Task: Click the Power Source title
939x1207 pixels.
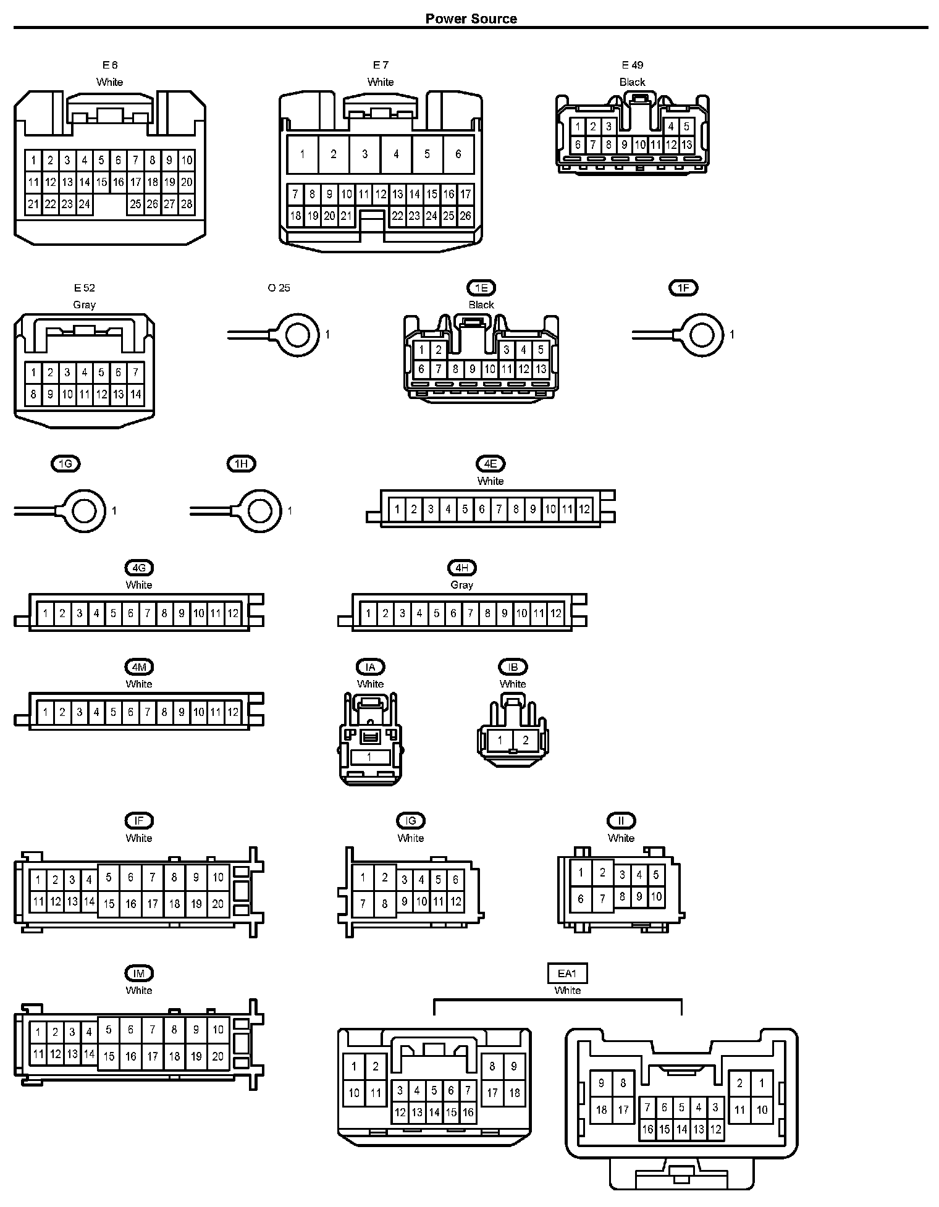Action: (471, 19)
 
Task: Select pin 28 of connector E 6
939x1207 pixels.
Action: (187, 204)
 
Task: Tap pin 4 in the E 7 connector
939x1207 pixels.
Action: (396, 154)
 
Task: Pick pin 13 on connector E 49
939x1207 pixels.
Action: (686, 145)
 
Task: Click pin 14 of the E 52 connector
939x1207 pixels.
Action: (135, 394)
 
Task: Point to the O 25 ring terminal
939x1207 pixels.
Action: (298, 335)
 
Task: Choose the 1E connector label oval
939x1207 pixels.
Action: (481, 288)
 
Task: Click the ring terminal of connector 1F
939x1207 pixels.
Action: (702, 335)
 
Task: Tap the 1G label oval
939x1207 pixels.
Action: (65, 464)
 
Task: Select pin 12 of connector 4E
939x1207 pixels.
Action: (584, 510)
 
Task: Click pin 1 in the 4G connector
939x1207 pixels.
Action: (45, 613)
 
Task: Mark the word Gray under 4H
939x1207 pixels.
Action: (461, 585)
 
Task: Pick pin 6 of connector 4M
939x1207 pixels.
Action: (130, 712)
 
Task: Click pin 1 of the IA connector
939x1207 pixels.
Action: (369, 757)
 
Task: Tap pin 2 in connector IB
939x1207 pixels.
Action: (526, 740)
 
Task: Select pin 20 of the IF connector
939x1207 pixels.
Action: (217, 904)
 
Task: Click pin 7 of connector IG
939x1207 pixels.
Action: (363, 904)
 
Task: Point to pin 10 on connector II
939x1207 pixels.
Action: (656, 896)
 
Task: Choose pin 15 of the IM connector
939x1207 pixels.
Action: (109, 1056)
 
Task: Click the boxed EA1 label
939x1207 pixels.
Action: (567, 974)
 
